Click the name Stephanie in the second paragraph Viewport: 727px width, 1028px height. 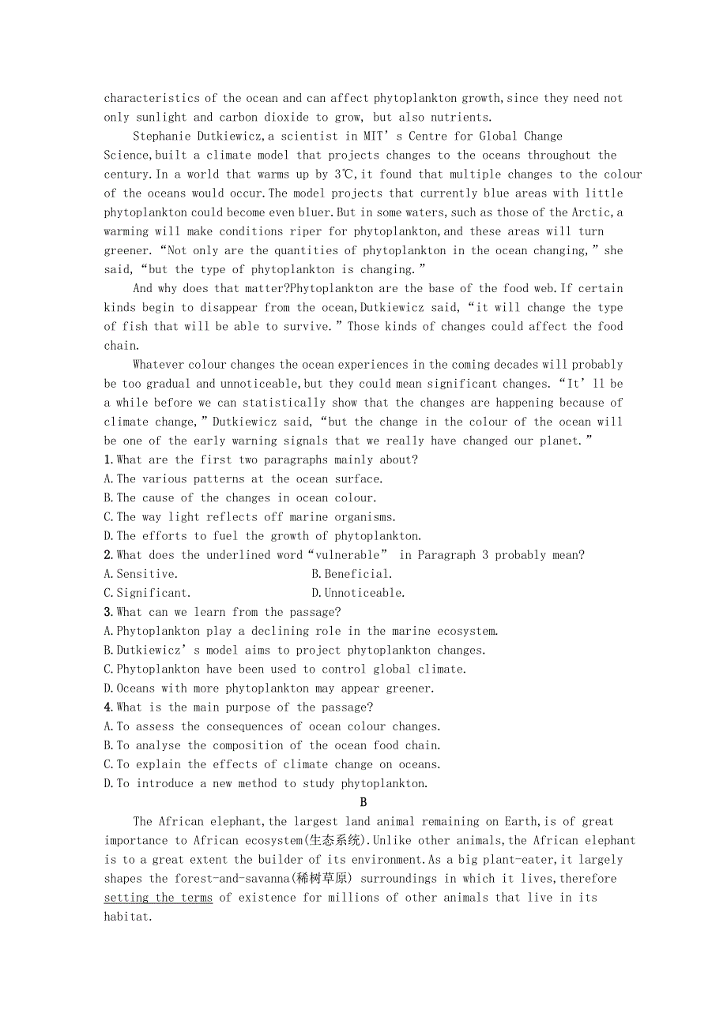(x=161, y=137)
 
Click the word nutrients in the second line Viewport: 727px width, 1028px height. (x=458, y=118)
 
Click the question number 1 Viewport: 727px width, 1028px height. (x=107, y=460)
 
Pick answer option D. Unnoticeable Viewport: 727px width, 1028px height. (x=358, y=593)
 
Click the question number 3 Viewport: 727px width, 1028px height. (x=107, y=612)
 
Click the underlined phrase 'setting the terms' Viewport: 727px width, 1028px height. (x=158, y=898)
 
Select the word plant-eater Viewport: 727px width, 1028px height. (x=463, y=860)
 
